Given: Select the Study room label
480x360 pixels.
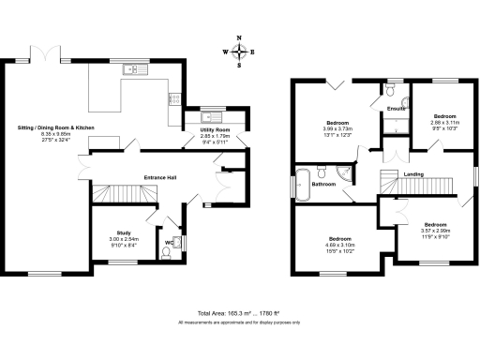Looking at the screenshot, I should tap(123, 232).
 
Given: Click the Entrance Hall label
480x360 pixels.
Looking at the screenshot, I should tap(161, 176).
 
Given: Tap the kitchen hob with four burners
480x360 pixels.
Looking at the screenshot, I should tap(174, 97).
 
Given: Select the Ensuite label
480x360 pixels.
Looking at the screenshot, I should tap(395, 110).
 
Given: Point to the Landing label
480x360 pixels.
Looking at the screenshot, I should tap(412, 174).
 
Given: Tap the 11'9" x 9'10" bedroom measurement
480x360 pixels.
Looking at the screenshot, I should tap(435, 235).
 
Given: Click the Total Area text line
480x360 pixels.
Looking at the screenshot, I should tap(239, 312).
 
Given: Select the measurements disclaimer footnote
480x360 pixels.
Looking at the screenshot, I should tap(239, 322).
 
